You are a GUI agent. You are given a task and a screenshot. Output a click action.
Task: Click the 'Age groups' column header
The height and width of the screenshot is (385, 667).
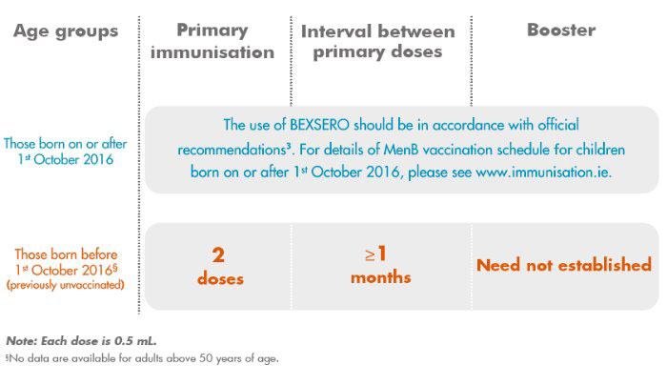[x=66, y=31]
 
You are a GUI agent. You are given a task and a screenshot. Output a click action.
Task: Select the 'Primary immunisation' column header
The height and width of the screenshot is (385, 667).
[x=212, y=41]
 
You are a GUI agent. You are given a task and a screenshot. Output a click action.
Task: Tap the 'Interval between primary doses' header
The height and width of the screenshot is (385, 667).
[x=378, y=42]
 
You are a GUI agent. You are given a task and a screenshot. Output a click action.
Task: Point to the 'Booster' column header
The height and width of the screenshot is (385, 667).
[x=561, y=30]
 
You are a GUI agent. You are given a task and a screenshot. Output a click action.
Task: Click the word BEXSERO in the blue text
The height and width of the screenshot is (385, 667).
[x=319, y=125]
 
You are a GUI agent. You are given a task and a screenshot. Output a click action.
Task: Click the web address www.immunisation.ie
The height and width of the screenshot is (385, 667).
[x=544, y=172]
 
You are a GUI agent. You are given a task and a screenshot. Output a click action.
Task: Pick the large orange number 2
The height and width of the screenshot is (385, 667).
[x=218, y=254]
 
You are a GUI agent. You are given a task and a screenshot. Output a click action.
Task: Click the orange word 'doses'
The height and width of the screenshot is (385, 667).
[x=220, y=278]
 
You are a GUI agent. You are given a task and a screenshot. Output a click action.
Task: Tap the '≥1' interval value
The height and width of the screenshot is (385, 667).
[x=375, y=253]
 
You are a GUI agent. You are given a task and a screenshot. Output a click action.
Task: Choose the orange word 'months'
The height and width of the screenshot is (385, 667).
[x=381, y=277]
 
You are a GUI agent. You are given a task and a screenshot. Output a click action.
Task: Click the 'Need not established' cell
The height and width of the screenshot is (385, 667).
[x=564, y=265]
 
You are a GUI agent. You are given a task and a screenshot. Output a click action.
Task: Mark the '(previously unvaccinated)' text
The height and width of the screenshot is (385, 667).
[x=66, y=285]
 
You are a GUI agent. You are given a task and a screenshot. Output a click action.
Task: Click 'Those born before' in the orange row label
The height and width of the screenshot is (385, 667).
[x=66, y=254]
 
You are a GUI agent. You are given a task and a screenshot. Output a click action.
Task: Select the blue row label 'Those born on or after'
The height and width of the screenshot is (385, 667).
[x=66, y=144]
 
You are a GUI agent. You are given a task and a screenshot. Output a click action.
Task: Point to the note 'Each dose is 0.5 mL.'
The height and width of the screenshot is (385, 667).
[x=99, y=341]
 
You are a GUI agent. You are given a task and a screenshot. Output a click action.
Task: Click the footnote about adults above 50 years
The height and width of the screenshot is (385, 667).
[x=142, y=358]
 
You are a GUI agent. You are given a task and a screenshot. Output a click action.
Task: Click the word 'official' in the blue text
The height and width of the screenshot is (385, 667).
[x=558, y=125]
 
